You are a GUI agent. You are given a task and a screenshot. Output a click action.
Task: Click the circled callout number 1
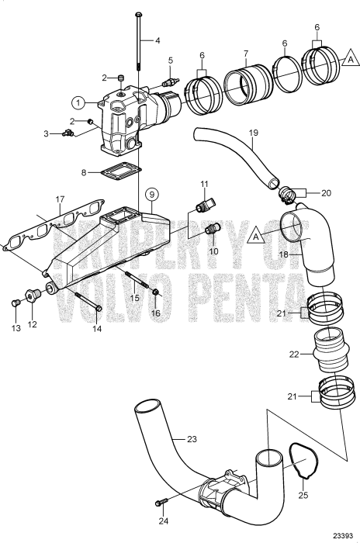click(78, 102)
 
